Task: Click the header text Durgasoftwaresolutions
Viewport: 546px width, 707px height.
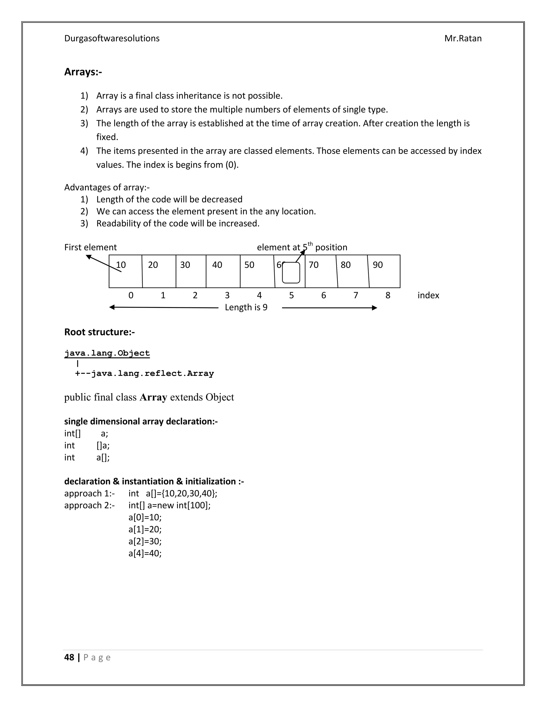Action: click(112, 38)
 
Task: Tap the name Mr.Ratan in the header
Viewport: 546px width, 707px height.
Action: click(463, 38)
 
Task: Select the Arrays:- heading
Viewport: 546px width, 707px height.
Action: click(83, 72)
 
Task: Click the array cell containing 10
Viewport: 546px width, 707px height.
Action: click(126, 271)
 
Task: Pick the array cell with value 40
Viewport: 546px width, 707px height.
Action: click(223, 271)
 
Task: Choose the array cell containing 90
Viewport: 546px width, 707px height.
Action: click(384, 271)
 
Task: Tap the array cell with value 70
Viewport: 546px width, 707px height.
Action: click(321, 271)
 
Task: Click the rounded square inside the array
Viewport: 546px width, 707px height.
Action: click(291, 273)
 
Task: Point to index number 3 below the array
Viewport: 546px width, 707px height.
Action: click(227, 295)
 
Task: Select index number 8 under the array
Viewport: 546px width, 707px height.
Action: click(388, 295)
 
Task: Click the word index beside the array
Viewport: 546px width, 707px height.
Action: click(428, 295)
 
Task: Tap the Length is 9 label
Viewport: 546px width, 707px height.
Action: click(246, 307)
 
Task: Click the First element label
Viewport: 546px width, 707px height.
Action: click(90, 247)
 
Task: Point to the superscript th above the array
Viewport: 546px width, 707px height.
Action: click(310, 244)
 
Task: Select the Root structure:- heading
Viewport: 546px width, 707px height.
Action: click(99, 332)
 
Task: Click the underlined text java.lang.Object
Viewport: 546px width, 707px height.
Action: click(107, 353)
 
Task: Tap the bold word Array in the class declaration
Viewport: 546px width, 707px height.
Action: click(153, 397)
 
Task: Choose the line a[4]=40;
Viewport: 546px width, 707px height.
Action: click(145, 553)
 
